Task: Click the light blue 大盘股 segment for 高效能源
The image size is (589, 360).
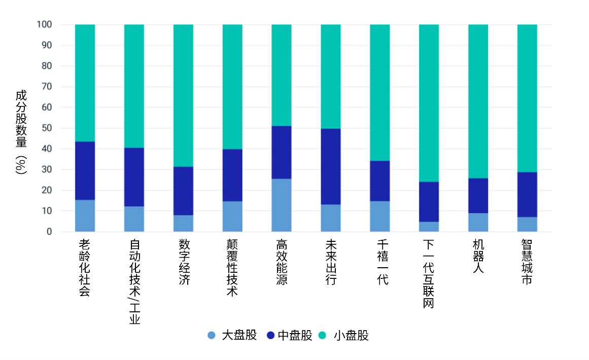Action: coord(282,205)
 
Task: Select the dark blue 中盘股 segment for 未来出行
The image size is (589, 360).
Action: coord(331,166)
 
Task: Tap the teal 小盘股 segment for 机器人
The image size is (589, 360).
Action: coord(478,101)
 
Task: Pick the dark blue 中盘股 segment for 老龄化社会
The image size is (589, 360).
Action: coord(85,171)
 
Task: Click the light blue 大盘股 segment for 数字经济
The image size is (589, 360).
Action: coord(183,224)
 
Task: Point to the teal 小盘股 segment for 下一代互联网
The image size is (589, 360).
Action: coord(429,103)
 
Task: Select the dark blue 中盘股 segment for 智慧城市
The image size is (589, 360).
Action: coord(527,195)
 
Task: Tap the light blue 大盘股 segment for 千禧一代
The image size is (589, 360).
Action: coord(379,217)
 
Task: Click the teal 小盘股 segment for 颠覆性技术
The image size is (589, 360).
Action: coord(232,87)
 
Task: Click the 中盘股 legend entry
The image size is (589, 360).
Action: coord(290,335)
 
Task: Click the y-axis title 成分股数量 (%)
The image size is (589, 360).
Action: coord(21,132)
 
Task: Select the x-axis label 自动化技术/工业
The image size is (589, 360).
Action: coord(134,281)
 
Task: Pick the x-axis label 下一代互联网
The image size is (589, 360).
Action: coord(429,274)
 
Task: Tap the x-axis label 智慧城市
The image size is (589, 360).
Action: coord(527,262)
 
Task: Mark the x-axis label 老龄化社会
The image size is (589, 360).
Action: coord(85,268)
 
